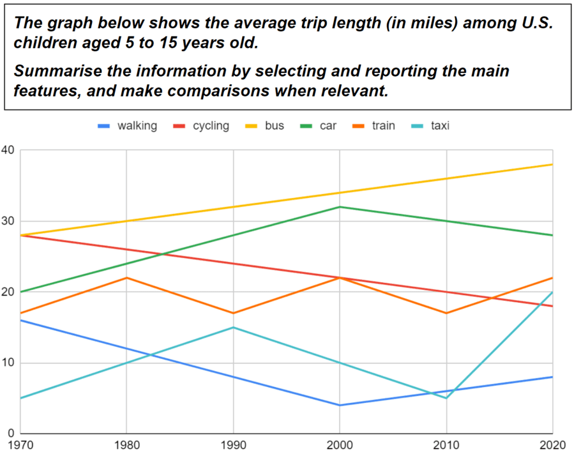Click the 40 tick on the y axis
[x=8, y=151]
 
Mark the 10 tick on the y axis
[x=8, y=363]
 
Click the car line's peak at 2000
[x=340, y=207]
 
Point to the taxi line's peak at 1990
[x=233, y=328]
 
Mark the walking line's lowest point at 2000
[x=340, y=405]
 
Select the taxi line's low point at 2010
[x=446, y=398]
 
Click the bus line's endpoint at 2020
[x=552, y=165]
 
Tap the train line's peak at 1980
[x=126, y=278]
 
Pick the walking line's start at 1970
[x=20, y=320]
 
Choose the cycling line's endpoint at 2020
[x=552, y=306]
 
